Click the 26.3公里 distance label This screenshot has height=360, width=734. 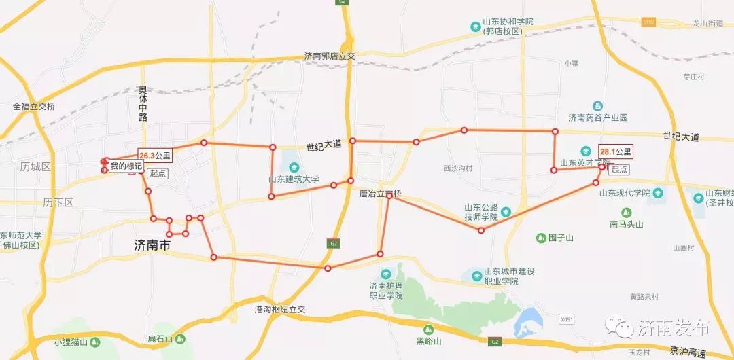click(155, 156)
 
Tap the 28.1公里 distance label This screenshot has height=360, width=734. click(616, 151)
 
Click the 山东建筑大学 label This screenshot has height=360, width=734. click(294, 179)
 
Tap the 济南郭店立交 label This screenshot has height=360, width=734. click(330, 57)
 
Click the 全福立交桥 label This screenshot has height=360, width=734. click(34, 107)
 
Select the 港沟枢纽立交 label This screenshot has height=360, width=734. click(280, 309)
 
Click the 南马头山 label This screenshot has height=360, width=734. click(626, 224)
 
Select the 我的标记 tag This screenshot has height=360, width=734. click(127, 166)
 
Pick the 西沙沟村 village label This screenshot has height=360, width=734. click(457, 168)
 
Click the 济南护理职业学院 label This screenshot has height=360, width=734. click(386, 290)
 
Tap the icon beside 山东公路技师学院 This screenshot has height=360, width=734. click(506, 213)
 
